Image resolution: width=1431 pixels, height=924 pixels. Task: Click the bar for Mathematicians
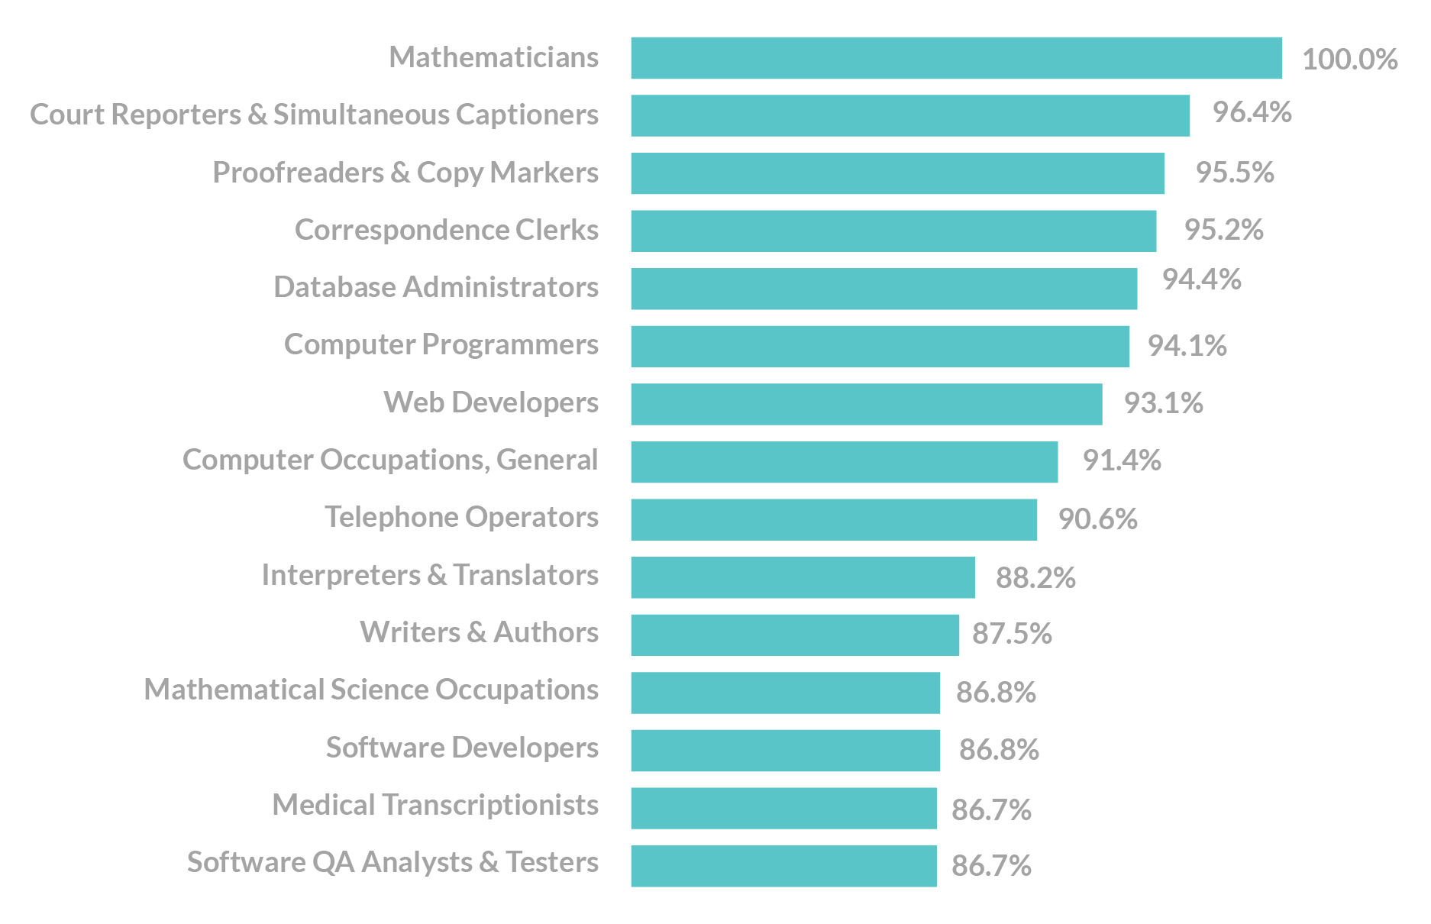click(956, 58)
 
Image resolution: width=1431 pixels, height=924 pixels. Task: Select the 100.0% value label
click(1349, 60)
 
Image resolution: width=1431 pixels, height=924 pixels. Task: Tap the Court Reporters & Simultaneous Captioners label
click(314, 115)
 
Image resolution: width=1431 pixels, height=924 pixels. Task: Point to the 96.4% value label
click(1252, 112)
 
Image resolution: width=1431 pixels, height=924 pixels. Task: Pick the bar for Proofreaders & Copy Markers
click(897, 173)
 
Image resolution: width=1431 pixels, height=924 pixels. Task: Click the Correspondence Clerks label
click(447, 230)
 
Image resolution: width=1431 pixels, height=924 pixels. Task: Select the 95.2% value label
click(1223, 230)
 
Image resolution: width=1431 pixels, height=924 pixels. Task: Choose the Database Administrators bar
click(883, 289)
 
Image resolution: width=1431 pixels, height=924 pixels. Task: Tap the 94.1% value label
click(1187, 346)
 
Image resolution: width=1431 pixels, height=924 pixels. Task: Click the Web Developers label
click(491, 402)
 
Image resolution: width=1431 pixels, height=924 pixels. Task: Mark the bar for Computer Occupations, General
click(844, 462)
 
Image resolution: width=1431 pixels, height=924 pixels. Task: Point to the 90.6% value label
click(1097, 519)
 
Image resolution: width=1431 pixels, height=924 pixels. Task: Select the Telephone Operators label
click(461, 517)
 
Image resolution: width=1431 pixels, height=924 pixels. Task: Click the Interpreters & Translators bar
click(803, 577)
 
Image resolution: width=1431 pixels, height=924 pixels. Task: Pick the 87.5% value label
click(1012, 634)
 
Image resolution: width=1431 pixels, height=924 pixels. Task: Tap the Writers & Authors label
click(479, 632)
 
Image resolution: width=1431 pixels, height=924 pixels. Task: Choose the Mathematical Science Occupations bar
click(785, 693)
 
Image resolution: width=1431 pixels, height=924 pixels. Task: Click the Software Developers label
click(462, 748)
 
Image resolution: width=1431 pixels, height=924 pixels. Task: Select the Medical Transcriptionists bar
click(783, 808)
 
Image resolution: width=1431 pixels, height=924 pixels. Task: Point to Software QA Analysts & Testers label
click(392, 862)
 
